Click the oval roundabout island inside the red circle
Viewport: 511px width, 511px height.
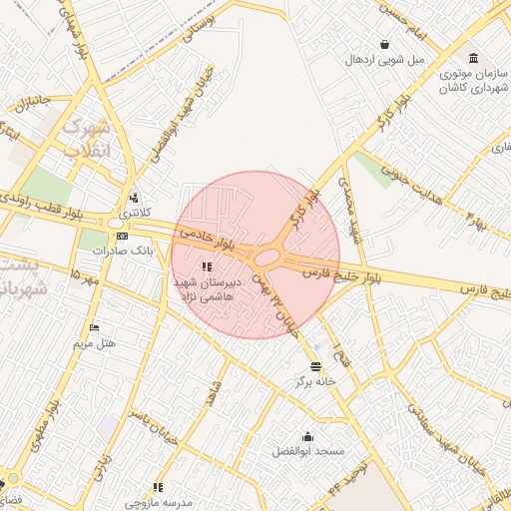(267, 258)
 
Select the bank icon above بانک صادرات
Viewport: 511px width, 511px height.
(122, 237)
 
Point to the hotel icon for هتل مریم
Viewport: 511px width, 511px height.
(95, 327)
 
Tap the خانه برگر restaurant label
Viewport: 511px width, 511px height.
(315, 381)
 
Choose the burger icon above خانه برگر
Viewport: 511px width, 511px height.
(316, 366)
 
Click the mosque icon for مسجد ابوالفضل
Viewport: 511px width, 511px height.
(307, 436)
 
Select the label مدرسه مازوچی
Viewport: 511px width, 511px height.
(158, 502)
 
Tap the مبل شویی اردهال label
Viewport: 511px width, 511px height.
(384, 59)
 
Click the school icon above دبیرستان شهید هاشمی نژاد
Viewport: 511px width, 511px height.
(208, 266)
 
